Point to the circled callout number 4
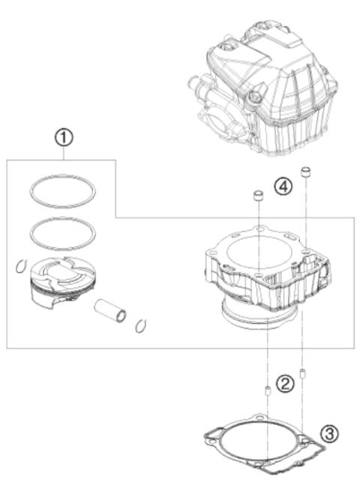point(282,187)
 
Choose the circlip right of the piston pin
point(140,325)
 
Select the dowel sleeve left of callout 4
point(257,196)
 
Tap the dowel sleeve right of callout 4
point(305,174)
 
